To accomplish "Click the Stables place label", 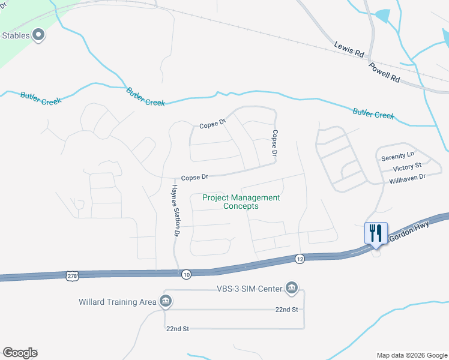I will [16, 35].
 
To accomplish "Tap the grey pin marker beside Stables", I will [40, 35].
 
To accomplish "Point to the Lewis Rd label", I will [350, 50].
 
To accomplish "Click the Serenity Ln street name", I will [397, 157].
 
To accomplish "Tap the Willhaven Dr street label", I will [407, 178].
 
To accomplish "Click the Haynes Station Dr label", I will [173, 209].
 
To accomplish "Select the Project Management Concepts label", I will [241, 202].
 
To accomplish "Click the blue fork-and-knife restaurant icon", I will [376, 232].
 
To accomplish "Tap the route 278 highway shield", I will [72, 275].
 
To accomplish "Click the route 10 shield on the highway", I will [186, 274].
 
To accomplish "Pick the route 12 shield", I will [300, 259].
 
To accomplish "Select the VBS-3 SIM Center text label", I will [250, 289].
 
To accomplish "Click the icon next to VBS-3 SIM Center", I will [292, 289].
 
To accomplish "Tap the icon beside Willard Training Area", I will [165, 301].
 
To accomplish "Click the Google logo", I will [20, 353].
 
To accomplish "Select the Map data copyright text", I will [411, 355].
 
